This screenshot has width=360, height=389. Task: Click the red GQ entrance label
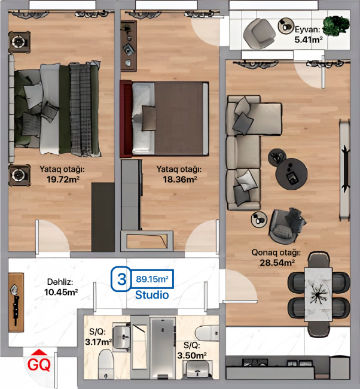39,364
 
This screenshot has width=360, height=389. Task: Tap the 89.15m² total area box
152,279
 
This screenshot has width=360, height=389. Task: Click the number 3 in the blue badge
121,279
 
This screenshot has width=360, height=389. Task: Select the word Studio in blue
152,295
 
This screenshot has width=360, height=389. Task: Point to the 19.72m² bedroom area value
63,179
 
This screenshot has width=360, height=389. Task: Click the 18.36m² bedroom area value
180,179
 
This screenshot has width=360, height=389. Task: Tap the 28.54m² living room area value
277,263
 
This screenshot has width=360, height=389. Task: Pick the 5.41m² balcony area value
309,39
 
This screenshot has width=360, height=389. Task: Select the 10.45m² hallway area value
61,292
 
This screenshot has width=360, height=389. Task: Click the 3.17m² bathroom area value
98,342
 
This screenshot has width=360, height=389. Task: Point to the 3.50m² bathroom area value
192,355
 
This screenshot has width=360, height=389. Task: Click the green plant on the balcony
336,26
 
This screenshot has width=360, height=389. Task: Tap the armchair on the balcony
259,34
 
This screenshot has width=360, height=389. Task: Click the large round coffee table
292,174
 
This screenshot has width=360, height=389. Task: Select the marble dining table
318,294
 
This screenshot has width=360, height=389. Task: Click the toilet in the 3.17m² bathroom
106,364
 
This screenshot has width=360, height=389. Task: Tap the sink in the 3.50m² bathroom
197,370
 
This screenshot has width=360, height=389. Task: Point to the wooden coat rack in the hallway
16,303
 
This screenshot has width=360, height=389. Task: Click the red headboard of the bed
126,119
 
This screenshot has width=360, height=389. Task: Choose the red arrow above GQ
39,352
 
